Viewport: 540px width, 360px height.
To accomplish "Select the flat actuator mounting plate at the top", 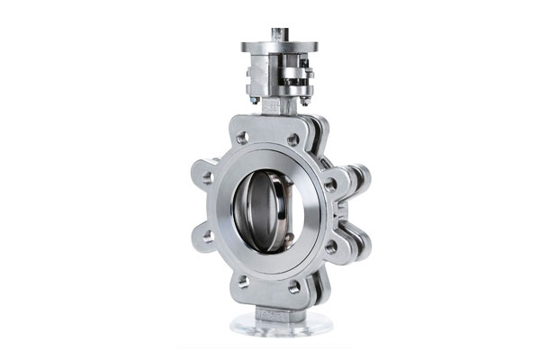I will (x=278, y=47).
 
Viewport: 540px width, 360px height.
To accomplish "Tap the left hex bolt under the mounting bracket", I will (x=256, y=100).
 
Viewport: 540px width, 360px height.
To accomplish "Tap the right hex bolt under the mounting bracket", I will (x=301, y=98).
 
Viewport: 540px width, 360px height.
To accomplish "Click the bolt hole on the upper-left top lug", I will (x=242, y=139).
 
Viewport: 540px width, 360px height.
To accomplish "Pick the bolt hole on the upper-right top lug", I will (x=293, y=139).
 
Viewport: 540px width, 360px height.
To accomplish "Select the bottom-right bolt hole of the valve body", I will (x=293, y=288).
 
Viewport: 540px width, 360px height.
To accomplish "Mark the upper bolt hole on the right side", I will (x=331, y=184).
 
